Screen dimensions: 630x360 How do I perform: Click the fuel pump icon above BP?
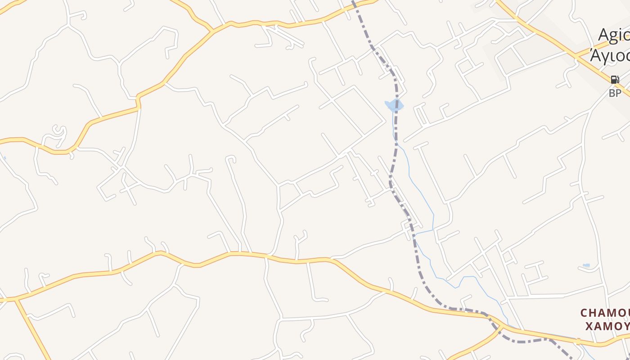point(614,80)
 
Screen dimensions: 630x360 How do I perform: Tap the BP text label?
point(615,93)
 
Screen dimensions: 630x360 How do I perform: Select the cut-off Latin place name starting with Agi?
point(614,35)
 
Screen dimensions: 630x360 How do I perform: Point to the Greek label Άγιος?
point(610,56)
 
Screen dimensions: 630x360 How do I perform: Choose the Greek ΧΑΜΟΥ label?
point(607,326)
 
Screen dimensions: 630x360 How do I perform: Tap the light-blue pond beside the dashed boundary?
point(394,106)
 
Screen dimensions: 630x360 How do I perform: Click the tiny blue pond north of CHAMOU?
point(586,265)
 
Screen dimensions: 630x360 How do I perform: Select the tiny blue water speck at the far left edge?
point(4,157)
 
